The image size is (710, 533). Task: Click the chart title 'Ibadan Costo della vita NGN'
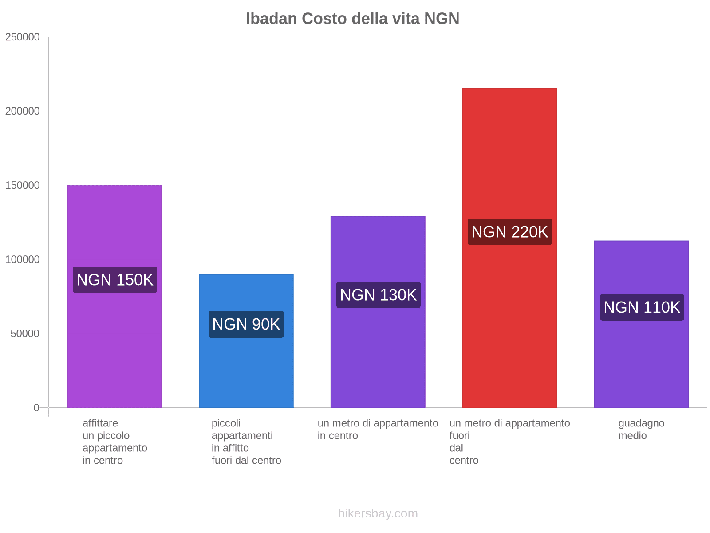tap(352, 19)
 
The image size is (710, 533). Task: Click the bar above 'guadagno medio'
tap(641, 355)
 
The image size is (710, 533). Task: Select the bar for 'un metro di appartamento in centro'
tap(378, 351)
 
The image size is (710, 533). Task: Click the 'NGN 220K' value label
tap(509, 232)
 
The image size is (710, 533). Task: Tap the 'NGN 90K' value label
tap(246, 324)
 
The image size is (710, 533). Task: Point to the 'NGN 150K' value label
tap(114, 280)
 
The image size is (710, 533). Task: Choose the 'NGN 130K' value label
tap(378, 295)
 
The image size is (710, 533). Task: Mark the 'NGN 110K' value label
tap(642, 307)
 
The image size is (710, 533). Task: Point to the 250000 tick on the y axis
tap(22, 37)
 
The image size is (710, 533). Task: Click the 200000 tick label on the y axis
tap(22, 111)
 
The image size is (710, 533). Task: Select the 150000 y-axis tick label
tap(22, 186)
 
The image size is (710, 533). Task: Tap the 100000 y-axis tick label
tap(22, 259)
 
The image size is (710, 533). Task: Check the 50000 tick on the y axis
tap(25, 334)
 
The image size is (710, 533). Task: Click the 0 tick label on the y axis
tap(36, 408)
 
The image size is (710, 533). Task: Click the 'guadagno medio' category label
tap(641, 429)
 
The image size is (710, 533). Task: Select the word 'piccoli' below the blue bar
tap(226, 423)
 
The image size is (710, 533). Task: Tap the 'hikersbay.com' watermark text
tap(378, 513)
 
